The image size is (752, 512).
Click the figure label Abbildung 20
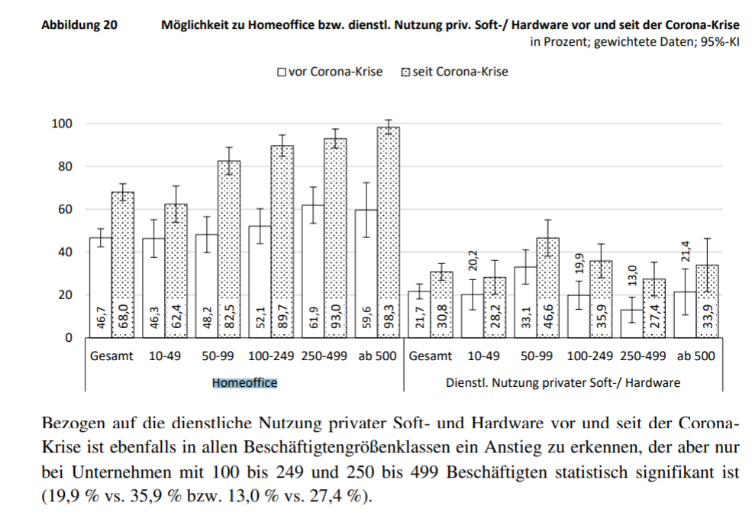tap(79, 24)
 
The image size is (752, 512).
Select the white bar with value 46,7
tap(101, 287)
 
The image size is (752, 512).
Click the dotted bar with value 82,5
tap(229, 249)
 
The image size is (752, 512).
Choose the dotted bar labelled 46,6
tap(547, 287)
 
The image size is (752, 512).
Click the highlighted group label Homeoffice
tap(244, 382)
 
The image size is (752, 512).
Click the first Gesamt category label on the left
tap(111, 356)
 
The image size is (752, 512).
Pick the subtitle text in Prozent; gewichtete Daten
tap(634, 41)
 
